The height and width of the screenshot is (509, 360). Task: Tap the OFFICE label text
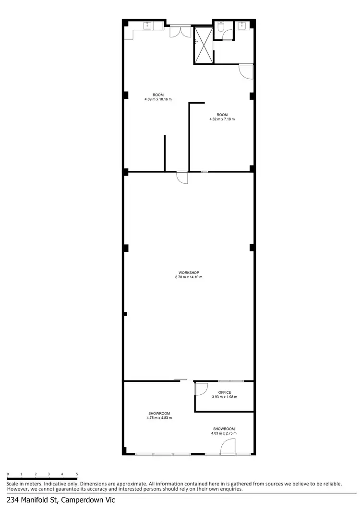coord(225,392)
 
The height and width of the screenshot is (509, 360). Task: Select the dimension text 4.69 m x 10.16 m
coord(158,99)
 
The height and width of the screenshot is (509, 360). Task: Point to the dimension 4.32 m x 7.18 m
coord(222,119)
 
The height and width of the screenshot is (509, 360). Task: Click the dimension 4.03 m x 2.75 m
coord(224,433)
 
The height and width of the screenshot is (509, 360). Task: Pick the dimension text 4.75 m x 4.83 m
coord(159,418)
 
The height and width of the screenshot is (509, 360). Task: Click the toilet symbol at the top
coord(219,28)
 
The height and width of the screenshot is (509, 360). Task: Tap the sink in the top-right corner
coord(242,26)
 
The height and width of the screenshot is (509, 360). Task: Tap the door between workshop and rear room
coord(182,177)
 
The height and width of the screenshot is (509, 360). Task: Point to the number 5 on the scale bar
coord(77,474)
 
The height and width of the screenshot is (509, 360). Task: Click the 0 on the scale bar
coord(8,474)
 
